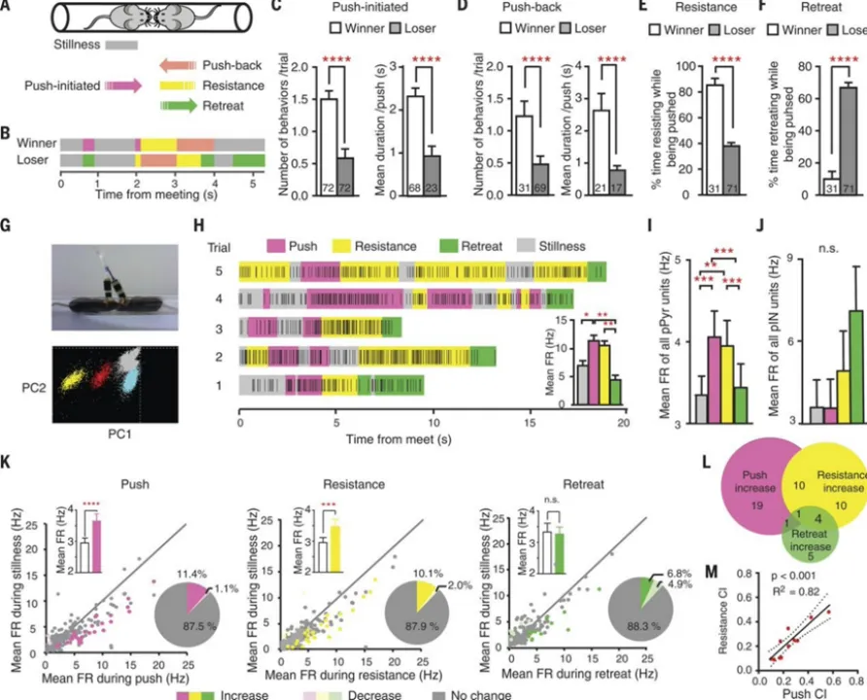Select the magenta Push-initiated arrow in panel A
point(122,86)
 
